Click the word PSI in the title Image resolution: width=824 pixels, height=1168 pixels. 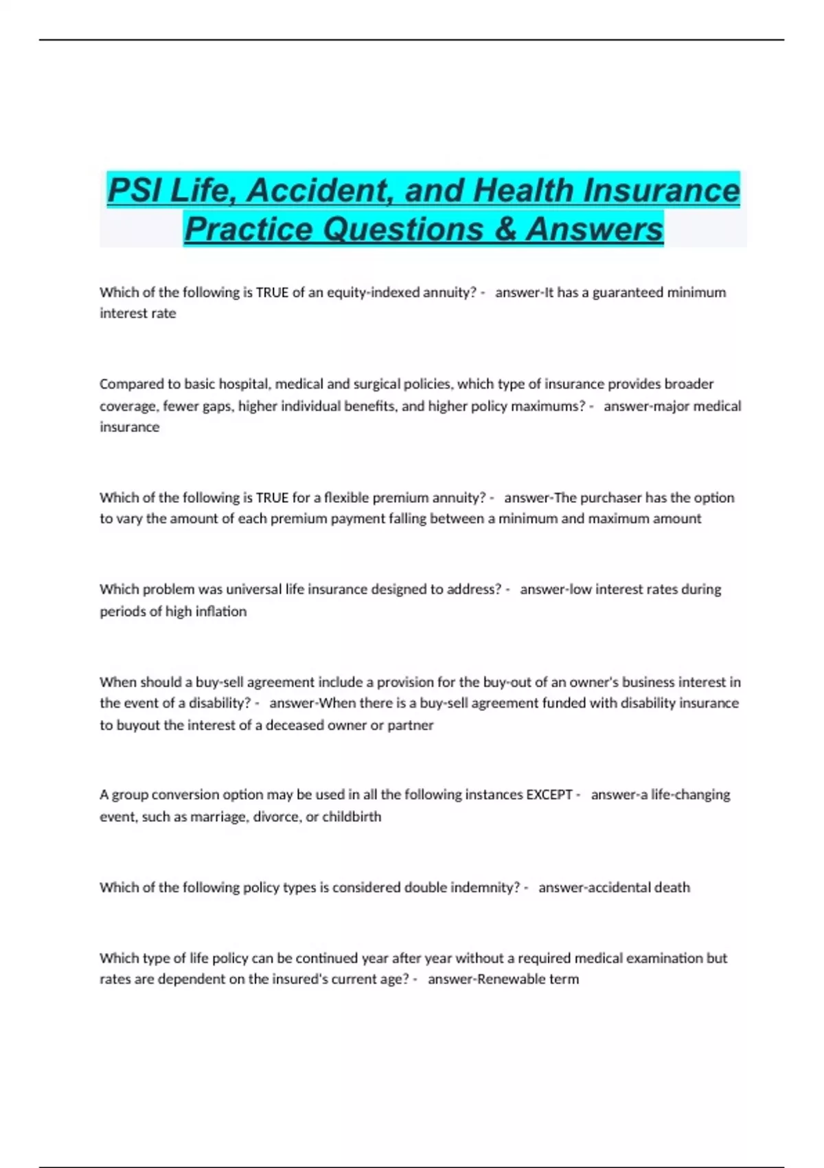(x=135, y=191)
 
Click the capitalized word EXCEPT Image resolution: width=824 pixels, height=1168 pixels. (x=549, y=795)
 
